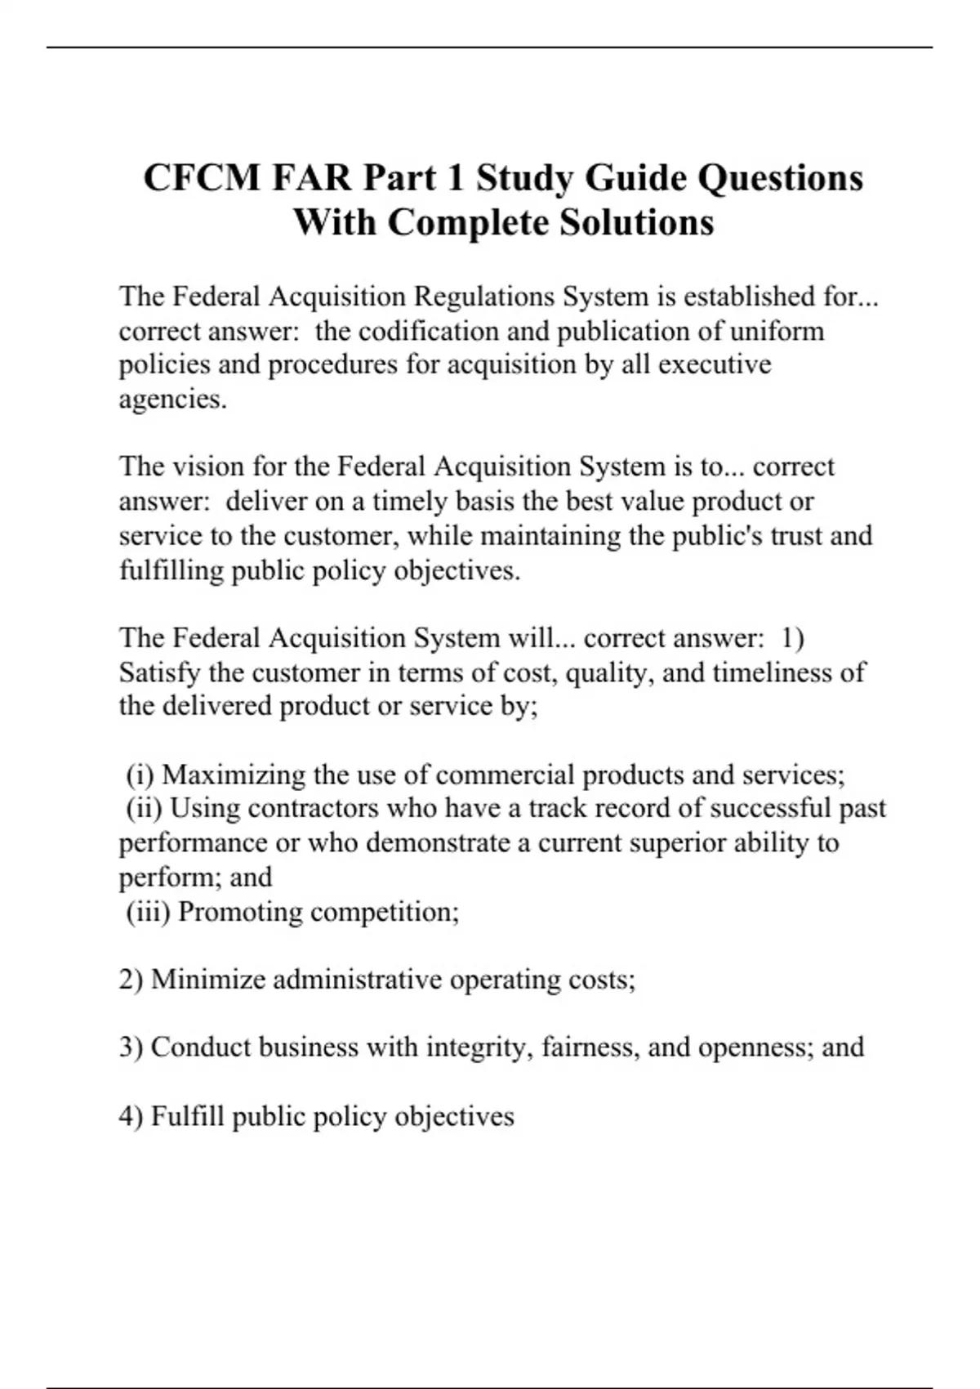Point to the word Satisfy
click(x=159, y=672)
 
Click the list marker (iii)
click(x=148, y=911)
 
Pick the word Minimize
click(x=207, y=979)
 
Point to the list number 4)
click(x=131, y=1115)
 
